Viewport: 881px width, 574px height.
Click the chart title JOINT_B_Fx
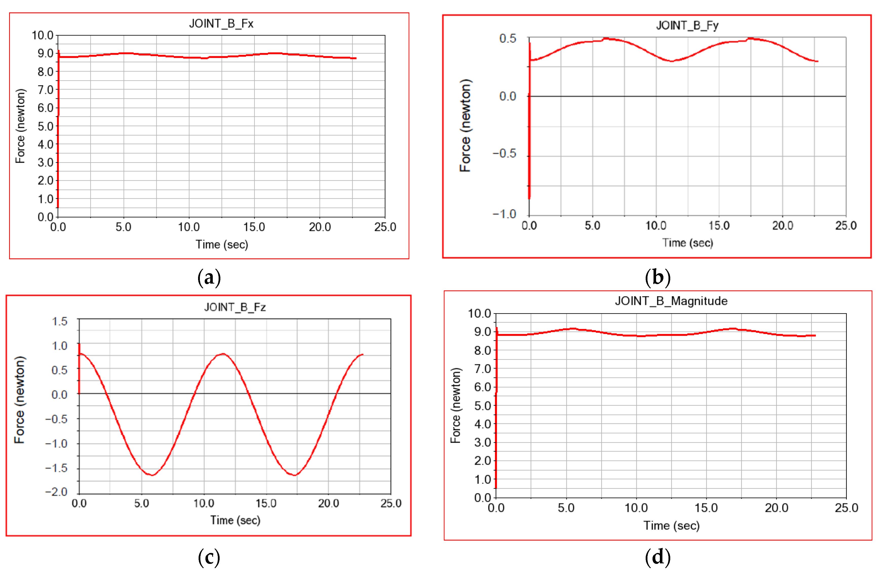221,24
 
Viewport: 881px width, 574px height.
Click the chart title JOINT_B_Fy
687,26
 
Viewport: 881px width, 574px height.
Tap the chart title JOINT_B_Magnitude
671,301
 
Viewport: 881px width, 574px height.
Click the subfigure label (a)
209,277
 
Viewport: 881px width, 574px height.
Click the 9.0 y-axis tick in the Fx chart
45,53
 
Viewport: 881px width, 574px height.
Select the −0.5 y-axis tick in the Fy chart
504,153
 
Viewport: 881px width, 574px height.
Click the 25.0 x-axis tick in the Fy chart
846,226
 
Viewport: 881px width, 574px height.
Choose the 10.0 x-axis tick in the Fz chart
204,503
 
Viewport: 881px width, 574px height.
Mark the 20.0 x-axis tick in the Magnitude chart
776,508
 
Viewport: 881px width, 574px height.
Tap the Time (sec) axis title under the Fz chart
235,520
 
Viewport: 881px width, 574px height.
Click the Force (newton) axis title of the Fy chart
465,126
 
